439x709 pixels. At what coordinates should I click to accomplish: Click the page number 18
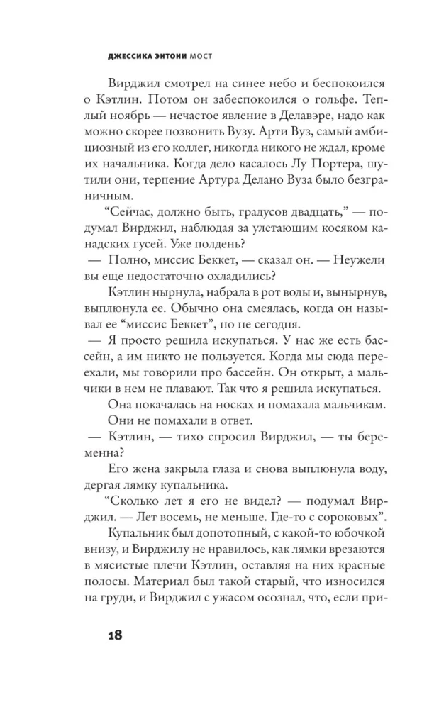pyautogui.click(x=113, y=635)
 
